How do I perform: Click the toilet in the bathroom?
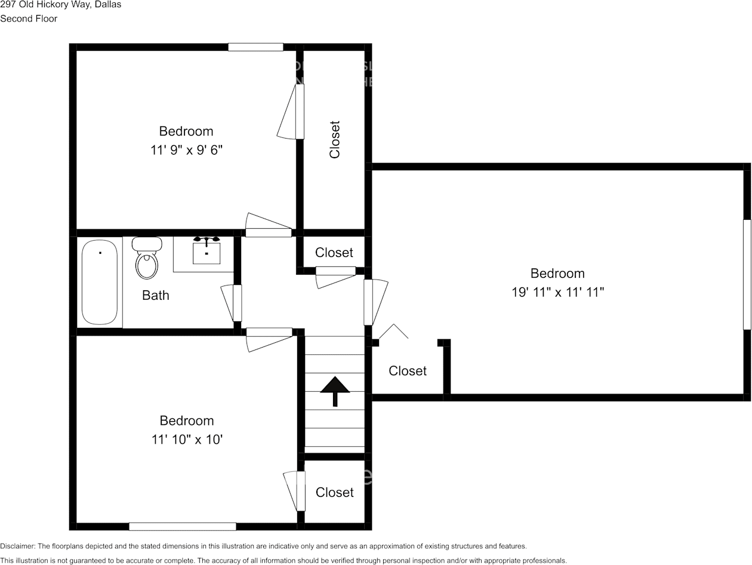tap(147, 259)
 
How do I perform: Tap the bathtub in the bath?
tap(99, 282)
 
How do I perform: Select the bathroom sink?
tap(207, 251)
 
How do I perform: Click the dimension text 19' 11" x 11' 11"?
tap(558, 292)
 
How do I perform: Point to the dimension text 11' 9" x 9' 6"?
tap(186, 150)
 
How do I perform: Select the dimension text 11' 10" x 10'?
tap(187, 440)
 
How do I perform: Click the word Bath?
tap(156, 295)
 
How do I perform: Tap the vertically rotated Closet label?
tap(335, 140)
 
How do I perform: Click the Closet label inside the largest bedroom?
tap(408, 371)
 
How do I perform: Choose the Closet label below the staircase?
tap(334, 492)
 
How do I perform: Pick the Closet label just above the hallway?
tap(334, 253)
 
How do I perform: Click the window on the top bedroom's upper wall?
tap(255, 47)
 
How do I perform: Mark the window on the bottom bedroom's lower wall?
tap(183, 526)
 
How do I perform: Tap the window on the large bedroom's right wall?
tap(746, 275)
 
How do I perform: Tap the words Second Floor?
tap(29, 19)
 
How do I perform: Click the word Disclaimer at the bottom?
tap(17, 546)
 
